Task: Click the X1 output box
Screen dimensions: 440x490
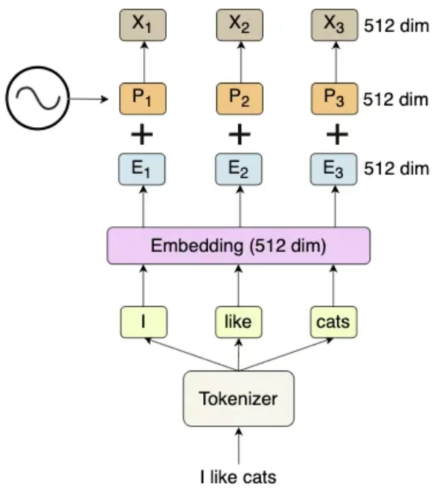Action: (143, 25)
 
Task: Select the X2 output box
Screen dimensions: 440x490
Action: (239, 25)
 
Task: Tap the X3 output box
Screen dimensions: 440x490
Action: (334, 25)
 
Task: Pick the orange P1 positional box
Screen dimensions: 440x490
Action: (143, 98)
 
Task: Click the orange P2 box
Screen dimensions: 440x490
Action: (239, 98)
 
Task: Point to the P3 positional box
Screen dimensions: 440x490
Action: (334, 98)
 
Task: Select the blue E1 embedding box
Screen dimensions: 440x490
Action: (142, 169)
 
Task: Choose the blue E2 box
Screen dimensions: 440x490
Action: (239, 169)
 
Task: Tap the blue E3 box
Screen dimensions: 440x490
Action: (333, 169)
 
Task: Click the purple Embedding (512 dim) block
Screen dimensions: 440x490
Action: (239, 246)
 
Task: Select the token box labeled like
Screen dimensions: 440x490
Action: (239, 322)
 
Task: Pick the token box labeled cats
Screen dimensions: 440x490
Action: (333, 322)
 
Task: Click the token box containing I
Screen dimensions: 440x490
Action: (144, 322)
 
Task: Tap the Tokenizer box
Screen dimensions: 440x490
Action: (239, 398)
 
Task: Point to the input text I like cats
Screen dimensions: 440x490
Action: (239, 478)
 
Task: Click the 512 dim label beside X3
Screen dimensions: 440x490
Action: (396, 26)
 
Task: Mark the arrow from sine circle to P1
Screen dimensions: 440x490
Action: (88, 99)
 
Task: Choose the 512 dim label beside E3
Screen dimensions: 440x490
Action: (396, 168)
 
